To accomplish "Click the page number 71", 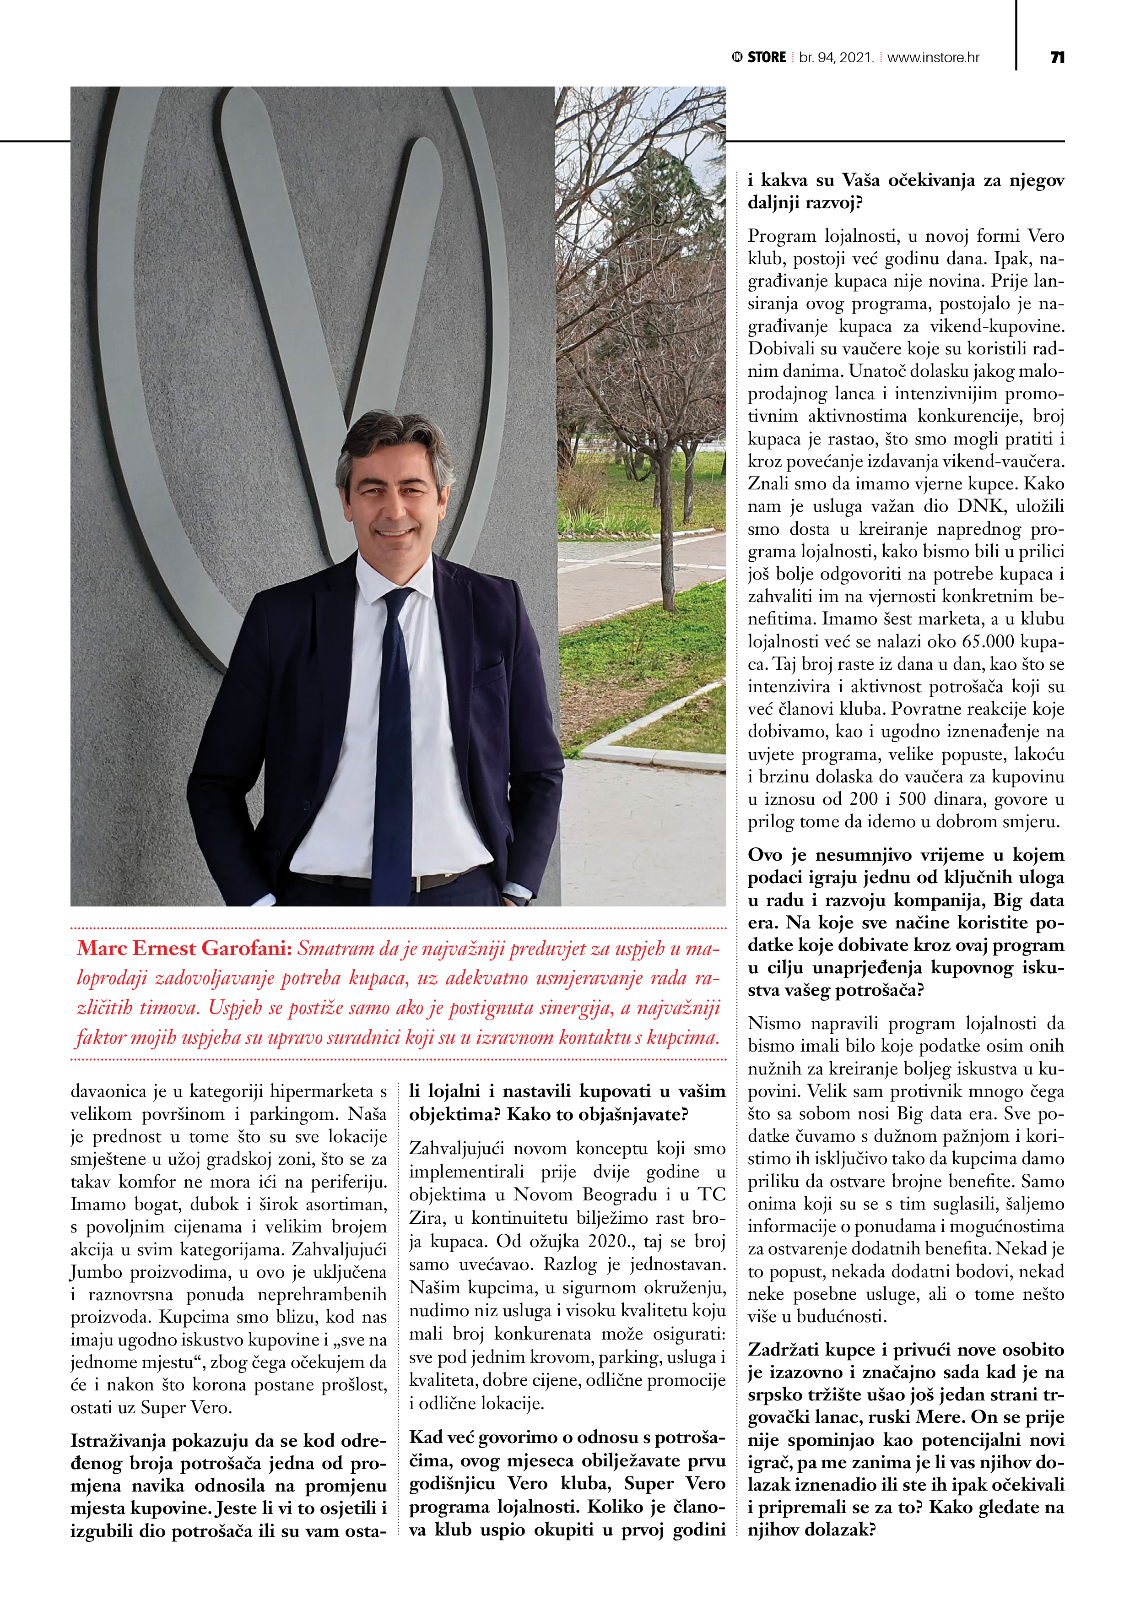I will click(1057, 57).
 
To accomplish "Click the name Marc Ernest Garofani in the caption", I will click(184, 949).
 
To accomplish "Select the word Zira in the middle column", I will click(427, 1219).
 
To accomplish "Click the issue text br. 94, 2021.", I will click(837, 57).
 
